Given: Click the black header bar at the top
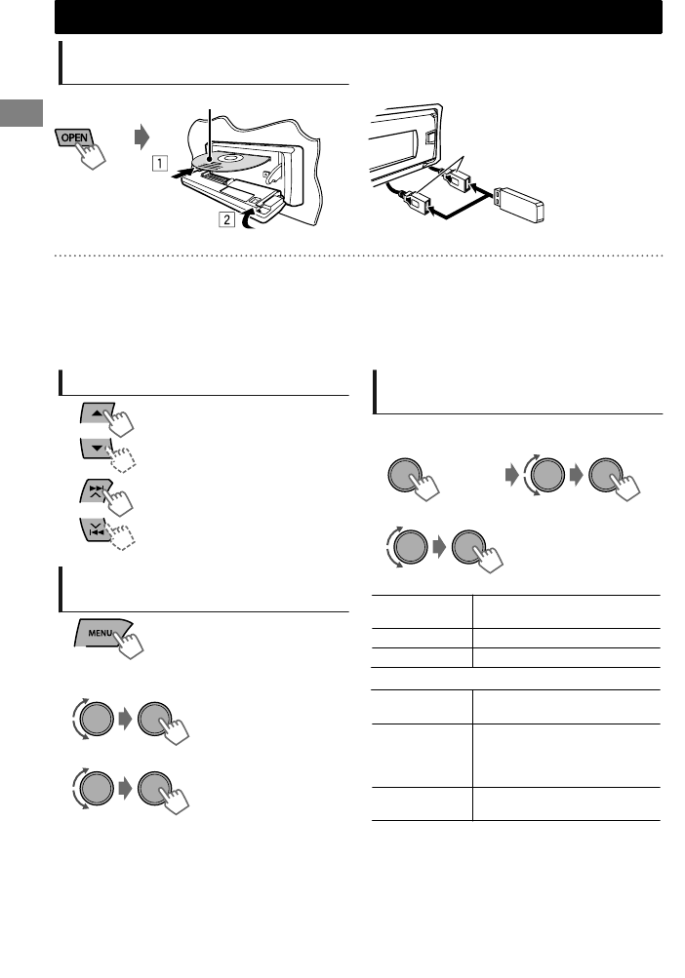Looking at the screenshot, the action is [358, 18].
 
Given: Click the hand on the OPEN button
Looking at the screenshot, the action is [99, 155].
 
